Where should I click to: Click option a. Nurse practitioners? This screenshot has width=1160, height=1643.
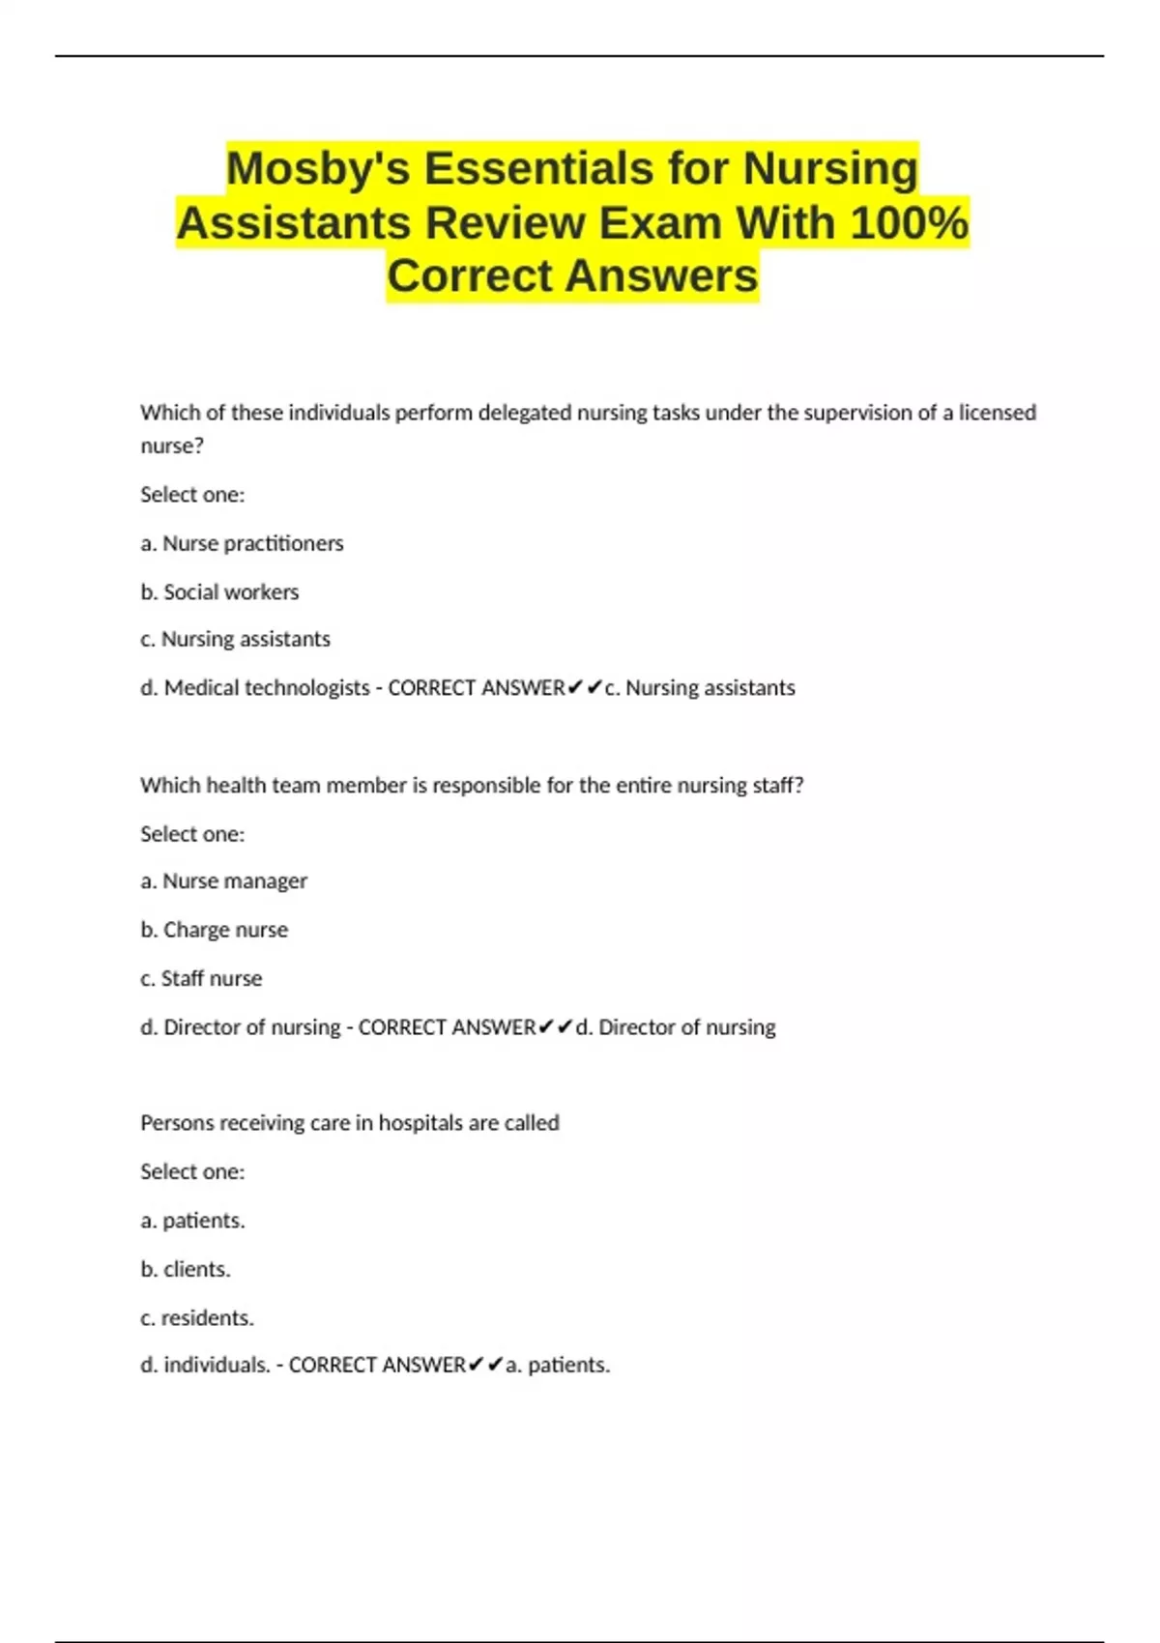pyautogui.click(x=242, y=543)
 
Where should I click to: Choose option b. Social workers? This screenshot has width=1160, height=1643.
pyautogui.click(x=219, y=591)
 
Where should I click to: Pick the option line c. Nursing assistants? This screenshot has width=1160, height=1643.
pyautogui.click(x=235, y=639)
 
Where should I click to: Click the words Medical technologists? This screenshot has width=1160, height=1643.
pyautogui.click(x=267, y=688)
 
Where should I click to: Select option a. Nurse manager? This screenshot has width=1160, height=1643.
pyautogui.click(x=223, y=881)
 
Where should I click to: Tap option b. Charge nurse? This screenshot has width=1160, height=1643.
pyautogui.click(x=214, y=930)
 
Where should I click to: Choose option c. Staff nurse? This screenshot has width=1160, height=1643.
pyautogui.click(x=201, y=978)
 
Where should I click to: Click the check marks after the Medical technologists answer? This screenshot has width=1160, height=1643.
pyautogui.click(x=585, y=688)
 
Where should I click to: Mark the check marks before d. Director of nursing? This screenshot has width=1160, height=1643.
pyautogui.click(x=556, y=1026)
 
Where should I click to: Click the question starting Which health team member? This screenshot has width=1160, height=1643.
pyautogui.click(x=472, y=786)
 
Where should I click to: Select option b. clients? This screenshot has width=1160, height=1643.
pyautogui.click(x=186, y=1269)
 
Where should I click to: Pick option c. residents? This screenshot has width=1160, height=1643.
pyautogui.click(x=197, y=1317)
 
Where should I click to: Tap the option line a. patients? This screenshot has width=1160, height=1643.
pyautogui.click(x=192, y=1221)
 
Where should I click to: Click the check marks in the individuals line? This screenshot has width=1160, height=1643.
pyautogui.click(x=485, y=1365)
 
